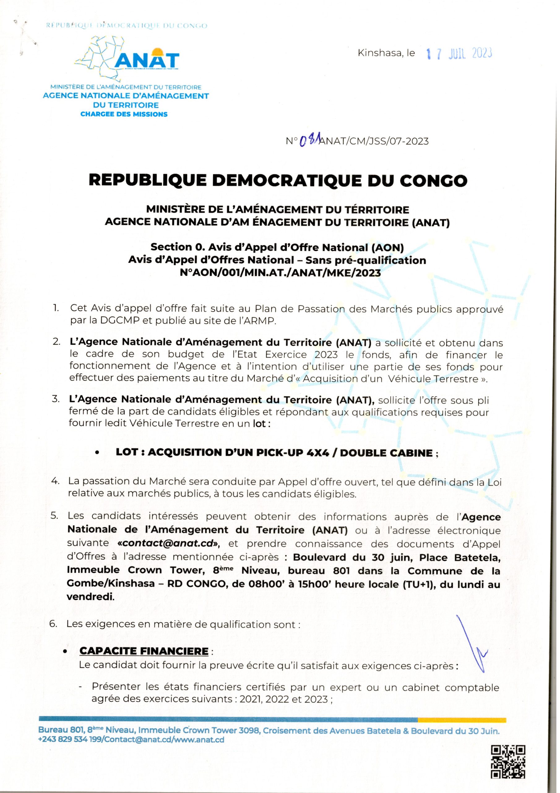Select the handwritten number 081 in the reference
[x=309, y=140]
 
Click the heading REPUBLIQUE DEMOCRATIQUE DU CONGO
[x=278, y=181]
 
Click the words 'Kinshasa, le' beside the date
[x=386, y=54]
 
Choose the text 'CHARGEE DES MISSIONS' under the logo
[x=124, y=114]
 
